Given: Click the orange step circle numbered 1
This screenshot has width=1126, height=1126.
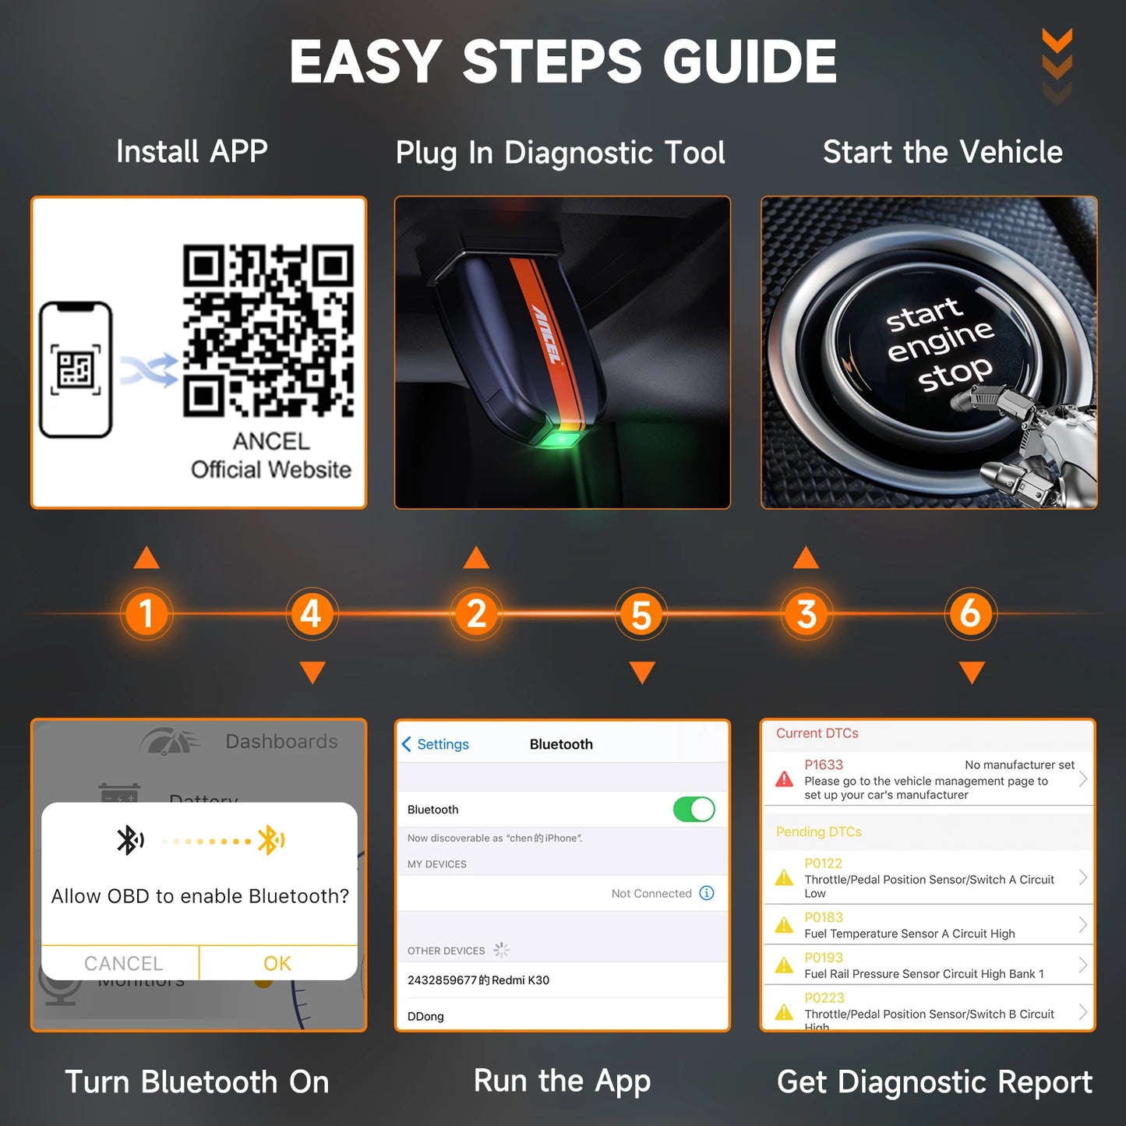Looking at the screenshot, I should point(146,613).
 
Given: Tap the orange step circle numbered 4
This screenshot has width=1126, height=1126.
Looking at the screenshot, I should point(311,613).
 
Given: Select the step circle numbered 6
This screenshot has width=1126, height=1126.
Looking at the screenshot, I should point(970,613).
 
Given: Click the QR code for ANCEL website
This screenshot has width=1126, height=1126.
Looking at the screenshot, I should point(268,330).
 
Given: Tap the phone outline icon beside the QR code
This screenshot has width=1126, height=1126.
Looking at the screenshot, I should point(76,369).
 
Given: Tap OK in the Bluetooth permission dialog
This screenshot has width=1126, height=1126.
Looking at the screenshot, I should point(277,963).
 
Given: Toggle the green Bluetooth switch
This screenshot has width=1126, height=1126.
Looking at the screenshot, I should point(694,810).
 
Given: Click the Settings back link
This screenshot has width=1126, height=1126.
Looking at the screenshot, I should point(436,744).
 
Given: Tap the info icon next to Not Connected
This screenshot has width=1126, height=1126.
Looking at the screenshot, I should point(707,893).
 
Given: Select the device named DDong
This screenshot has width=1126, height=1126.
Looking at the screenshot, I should point(426,1016).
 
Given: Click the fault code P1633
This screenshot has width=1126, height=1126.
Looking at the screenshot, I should point(824,765).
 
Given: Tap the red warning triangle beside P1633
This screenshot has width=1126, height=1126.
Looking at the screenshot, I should point(785,779).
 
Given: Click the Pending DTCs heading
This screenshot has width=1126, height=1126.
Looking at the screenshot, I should point(818,831).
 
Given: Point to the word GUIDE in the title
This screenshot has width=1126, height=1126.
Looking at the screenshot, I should point(750,62).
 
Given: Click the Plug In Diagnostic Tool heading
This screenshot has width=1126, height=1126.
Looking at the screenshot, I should point(560,153).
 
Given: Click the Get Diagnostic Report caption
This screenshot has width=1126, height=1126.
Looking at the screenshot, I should point(934,1082).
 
